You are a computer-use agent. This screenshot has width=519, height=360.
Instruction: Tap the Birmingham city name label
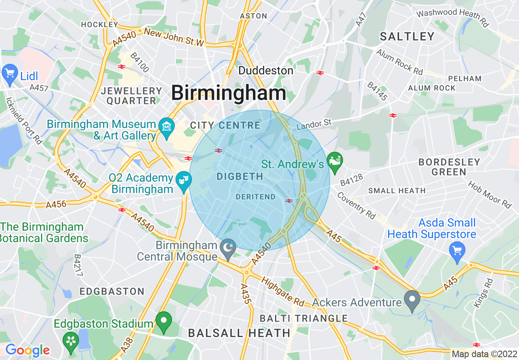[x=228, y=93]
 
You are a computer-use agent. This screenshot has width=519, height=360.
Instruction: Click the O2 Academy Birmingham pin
[x=184, y=180]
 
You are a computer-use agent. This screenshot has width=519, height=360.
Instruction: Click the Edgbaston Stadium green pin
[x=164, y=321]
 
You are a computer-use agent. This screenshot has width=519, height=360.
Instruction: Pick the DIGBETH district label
[x=240, y=177]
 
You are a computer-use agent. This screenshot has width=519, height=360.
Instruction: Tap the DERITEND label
[x=256, y=197]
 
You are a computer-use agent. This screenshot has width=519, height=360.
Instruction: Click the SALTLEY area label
[x=407, y=37]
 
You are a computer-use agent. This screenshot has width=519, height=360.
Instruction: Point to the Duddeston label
[x=266, y=70]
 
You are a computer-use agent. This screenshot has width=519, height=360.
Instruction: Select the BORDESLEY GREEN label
[x=449, y=167]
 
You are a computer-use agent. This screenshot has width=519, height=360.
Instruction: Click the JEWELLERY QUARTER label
[x=131, y=96]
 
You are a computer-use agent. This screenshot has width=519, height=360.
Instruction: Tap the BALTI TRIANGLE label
[x=304, y=318]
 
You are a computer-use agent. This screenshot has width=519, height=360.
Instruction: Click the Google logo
[x=27, y=350]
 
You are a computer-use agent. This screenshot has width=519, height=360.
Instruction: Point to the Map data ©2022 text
[x=484, y=354]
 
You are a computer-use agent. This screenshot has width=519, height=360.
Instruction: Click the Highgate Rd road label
[x=283, y=292]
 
